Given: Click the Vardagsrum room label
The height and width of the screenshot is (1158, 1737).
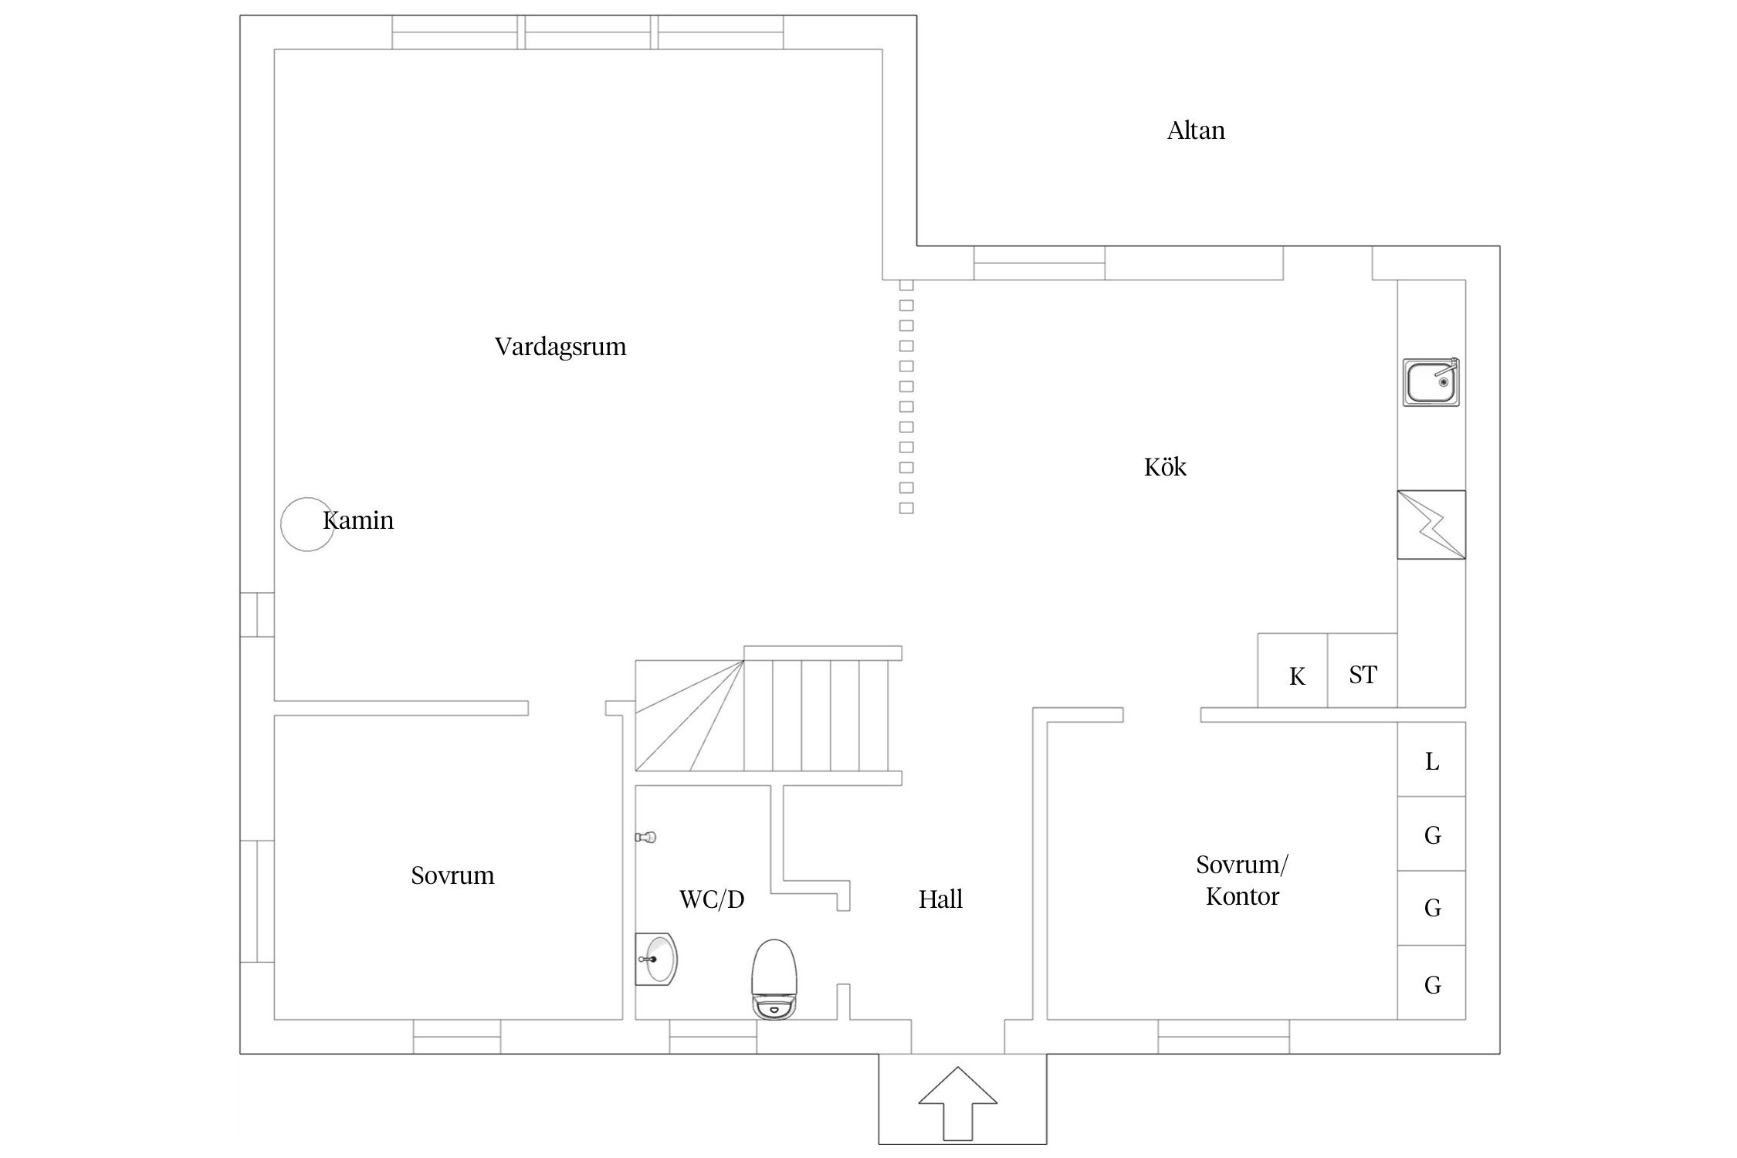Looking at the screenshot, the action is (x=560, y=347).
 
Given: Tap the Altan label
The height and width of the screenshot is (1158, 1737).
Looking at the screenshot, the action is (x=1196, y=130).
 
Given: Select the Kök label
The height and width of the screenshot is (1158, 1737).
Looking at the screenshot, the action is (x=1165, y=466).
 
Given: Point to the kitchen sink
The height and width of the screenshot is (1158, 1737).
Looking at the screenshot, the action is (x=1431, y=382).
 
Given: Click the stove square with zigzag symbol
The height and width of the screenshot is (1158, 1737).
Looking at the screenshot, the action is (x=1431, y=525).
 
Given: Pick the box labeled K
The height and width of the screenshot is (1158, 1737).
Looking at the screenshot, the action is (x=1293, y=670).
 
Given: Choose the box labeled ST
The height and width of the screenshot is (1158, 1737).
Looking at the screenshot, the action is (x=1363, y=670).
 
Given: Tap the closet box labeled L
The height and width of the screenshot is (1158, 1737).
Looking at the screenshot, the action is (x=1431, y=759).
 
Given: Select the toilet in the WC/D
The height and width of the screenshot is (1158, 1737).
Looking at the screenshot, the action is (x=774, y=980).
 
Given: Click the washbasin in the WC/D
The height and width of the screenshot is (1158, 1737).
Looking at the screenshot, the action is (x=657, y=959).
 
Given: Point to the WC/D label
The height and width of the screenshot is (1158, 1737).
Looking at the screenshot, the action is (x=712, y=899).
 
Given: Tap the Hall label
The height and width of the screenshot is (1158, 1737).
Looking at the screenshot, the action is (x=940, y=899).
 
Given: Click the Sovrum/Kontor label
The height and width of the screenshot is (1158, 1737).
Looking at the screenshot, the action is (x=1242, y=880).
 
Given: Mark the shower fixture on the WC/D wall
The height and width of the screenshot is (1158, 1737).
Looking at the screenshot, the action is (x=645, y=837).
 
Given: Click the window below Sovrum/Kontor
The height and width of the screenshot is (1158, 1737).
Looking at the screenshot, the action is (x=1224, y=1037).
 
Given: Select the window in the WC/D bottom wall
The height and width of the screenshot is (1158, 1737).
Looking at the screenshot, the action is (x=713, y=1037).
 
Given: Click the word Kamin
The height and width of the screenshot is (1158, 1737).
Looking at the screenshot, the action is (x=358, y=520).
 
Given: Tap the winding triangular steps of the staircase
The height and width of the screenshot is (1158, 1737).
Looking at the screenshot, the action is (x=689, y=716).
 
